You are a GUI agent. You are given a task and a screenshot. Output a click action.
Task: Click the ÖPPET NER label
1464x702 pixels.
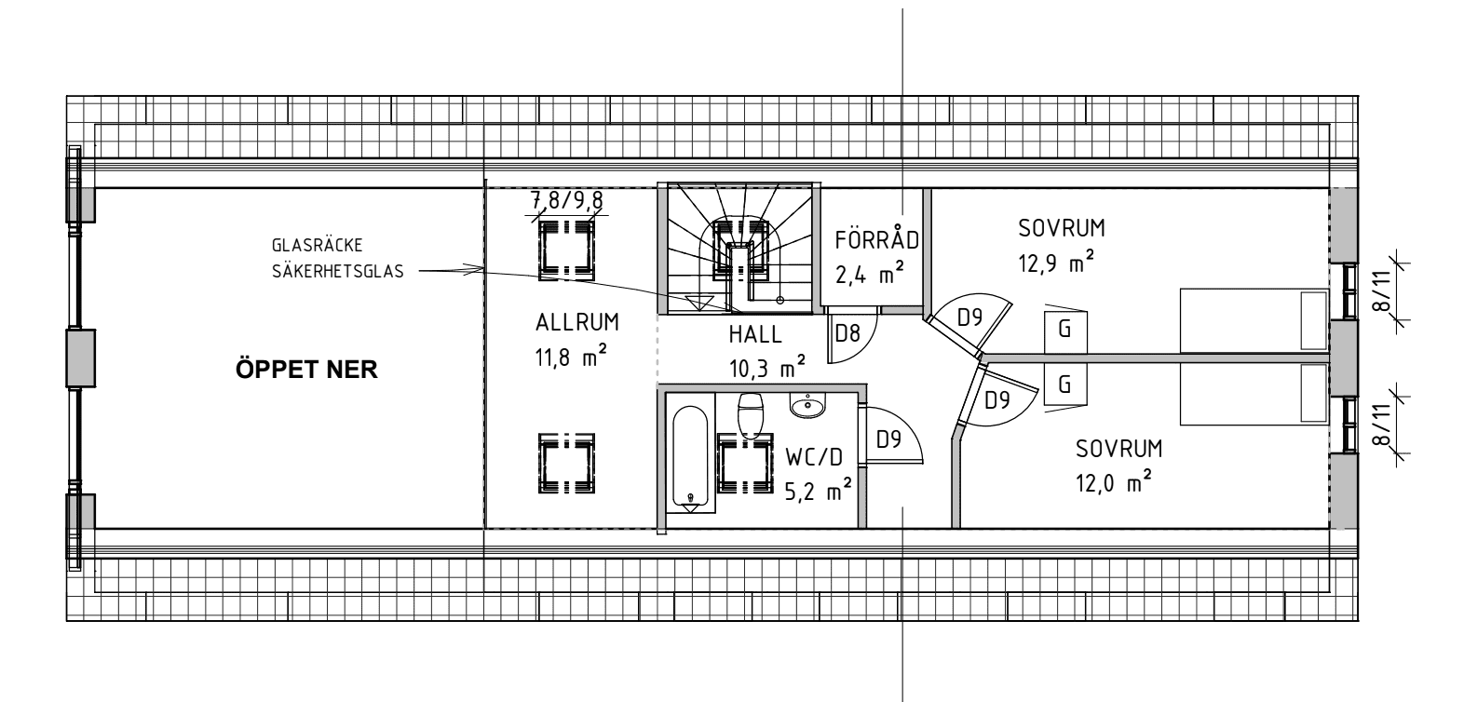[306, 370]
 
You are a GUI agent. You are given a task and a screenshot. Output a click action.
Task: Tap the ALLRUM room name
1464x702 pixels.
[576, 323]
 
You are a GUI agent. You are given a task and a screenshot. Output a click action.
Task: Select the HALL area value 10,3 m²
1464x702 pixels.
[767, 369]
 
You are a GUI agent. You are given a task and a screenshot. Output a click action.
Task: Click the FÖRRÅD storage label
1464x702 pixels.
[876, 240]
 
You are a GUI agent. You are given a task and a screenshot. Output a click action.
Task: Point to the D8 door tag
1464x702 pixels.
[846, 333]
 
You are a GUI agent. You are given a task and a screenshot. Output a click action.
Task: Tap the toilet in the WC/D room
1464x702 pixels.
[751, 413]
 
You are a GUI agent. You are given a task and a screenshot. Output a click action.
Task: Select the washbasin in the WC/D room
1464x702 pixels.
[807, 405]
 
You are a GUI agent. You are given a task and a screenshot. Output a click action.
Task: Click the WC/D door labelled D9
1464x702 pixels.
[888, 439]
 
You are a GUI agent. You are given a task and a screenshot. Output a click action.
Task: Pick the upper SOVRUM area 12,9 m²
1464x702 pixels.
[1056, 264]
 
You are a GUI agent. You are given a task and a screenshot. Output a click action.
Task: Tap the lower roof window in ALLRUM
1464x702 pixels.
[565, 464]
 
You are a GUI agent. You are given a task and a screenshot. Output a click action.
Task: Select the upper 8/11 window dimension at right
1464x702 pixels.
[1384, 290]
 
